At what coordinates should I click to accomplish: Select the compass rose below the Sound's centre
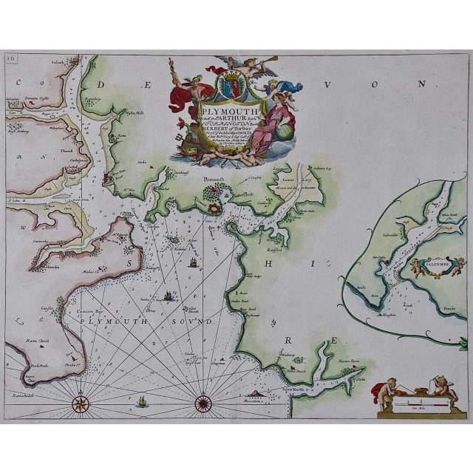point(203,404)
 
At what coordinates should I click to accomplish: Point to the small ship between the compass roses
point(141,401)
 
